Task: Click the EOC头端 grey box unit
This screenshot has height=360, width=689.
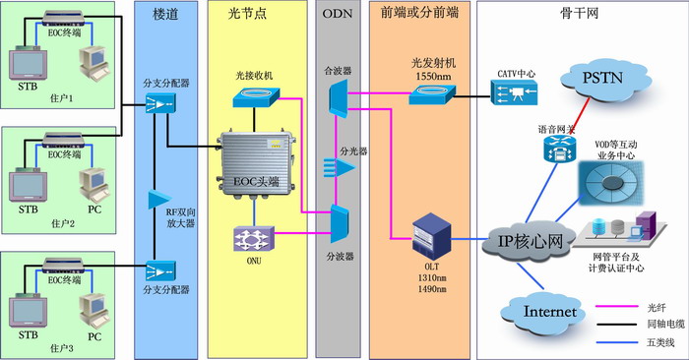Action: pos(256,160)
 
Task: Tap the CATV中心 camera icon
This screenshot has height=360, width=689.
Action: pos(518,93)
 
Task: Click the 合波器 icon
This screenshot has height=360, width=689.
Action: pos(335,97)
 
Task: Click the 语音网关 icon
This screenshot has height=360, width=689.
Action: pos(554,149)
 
